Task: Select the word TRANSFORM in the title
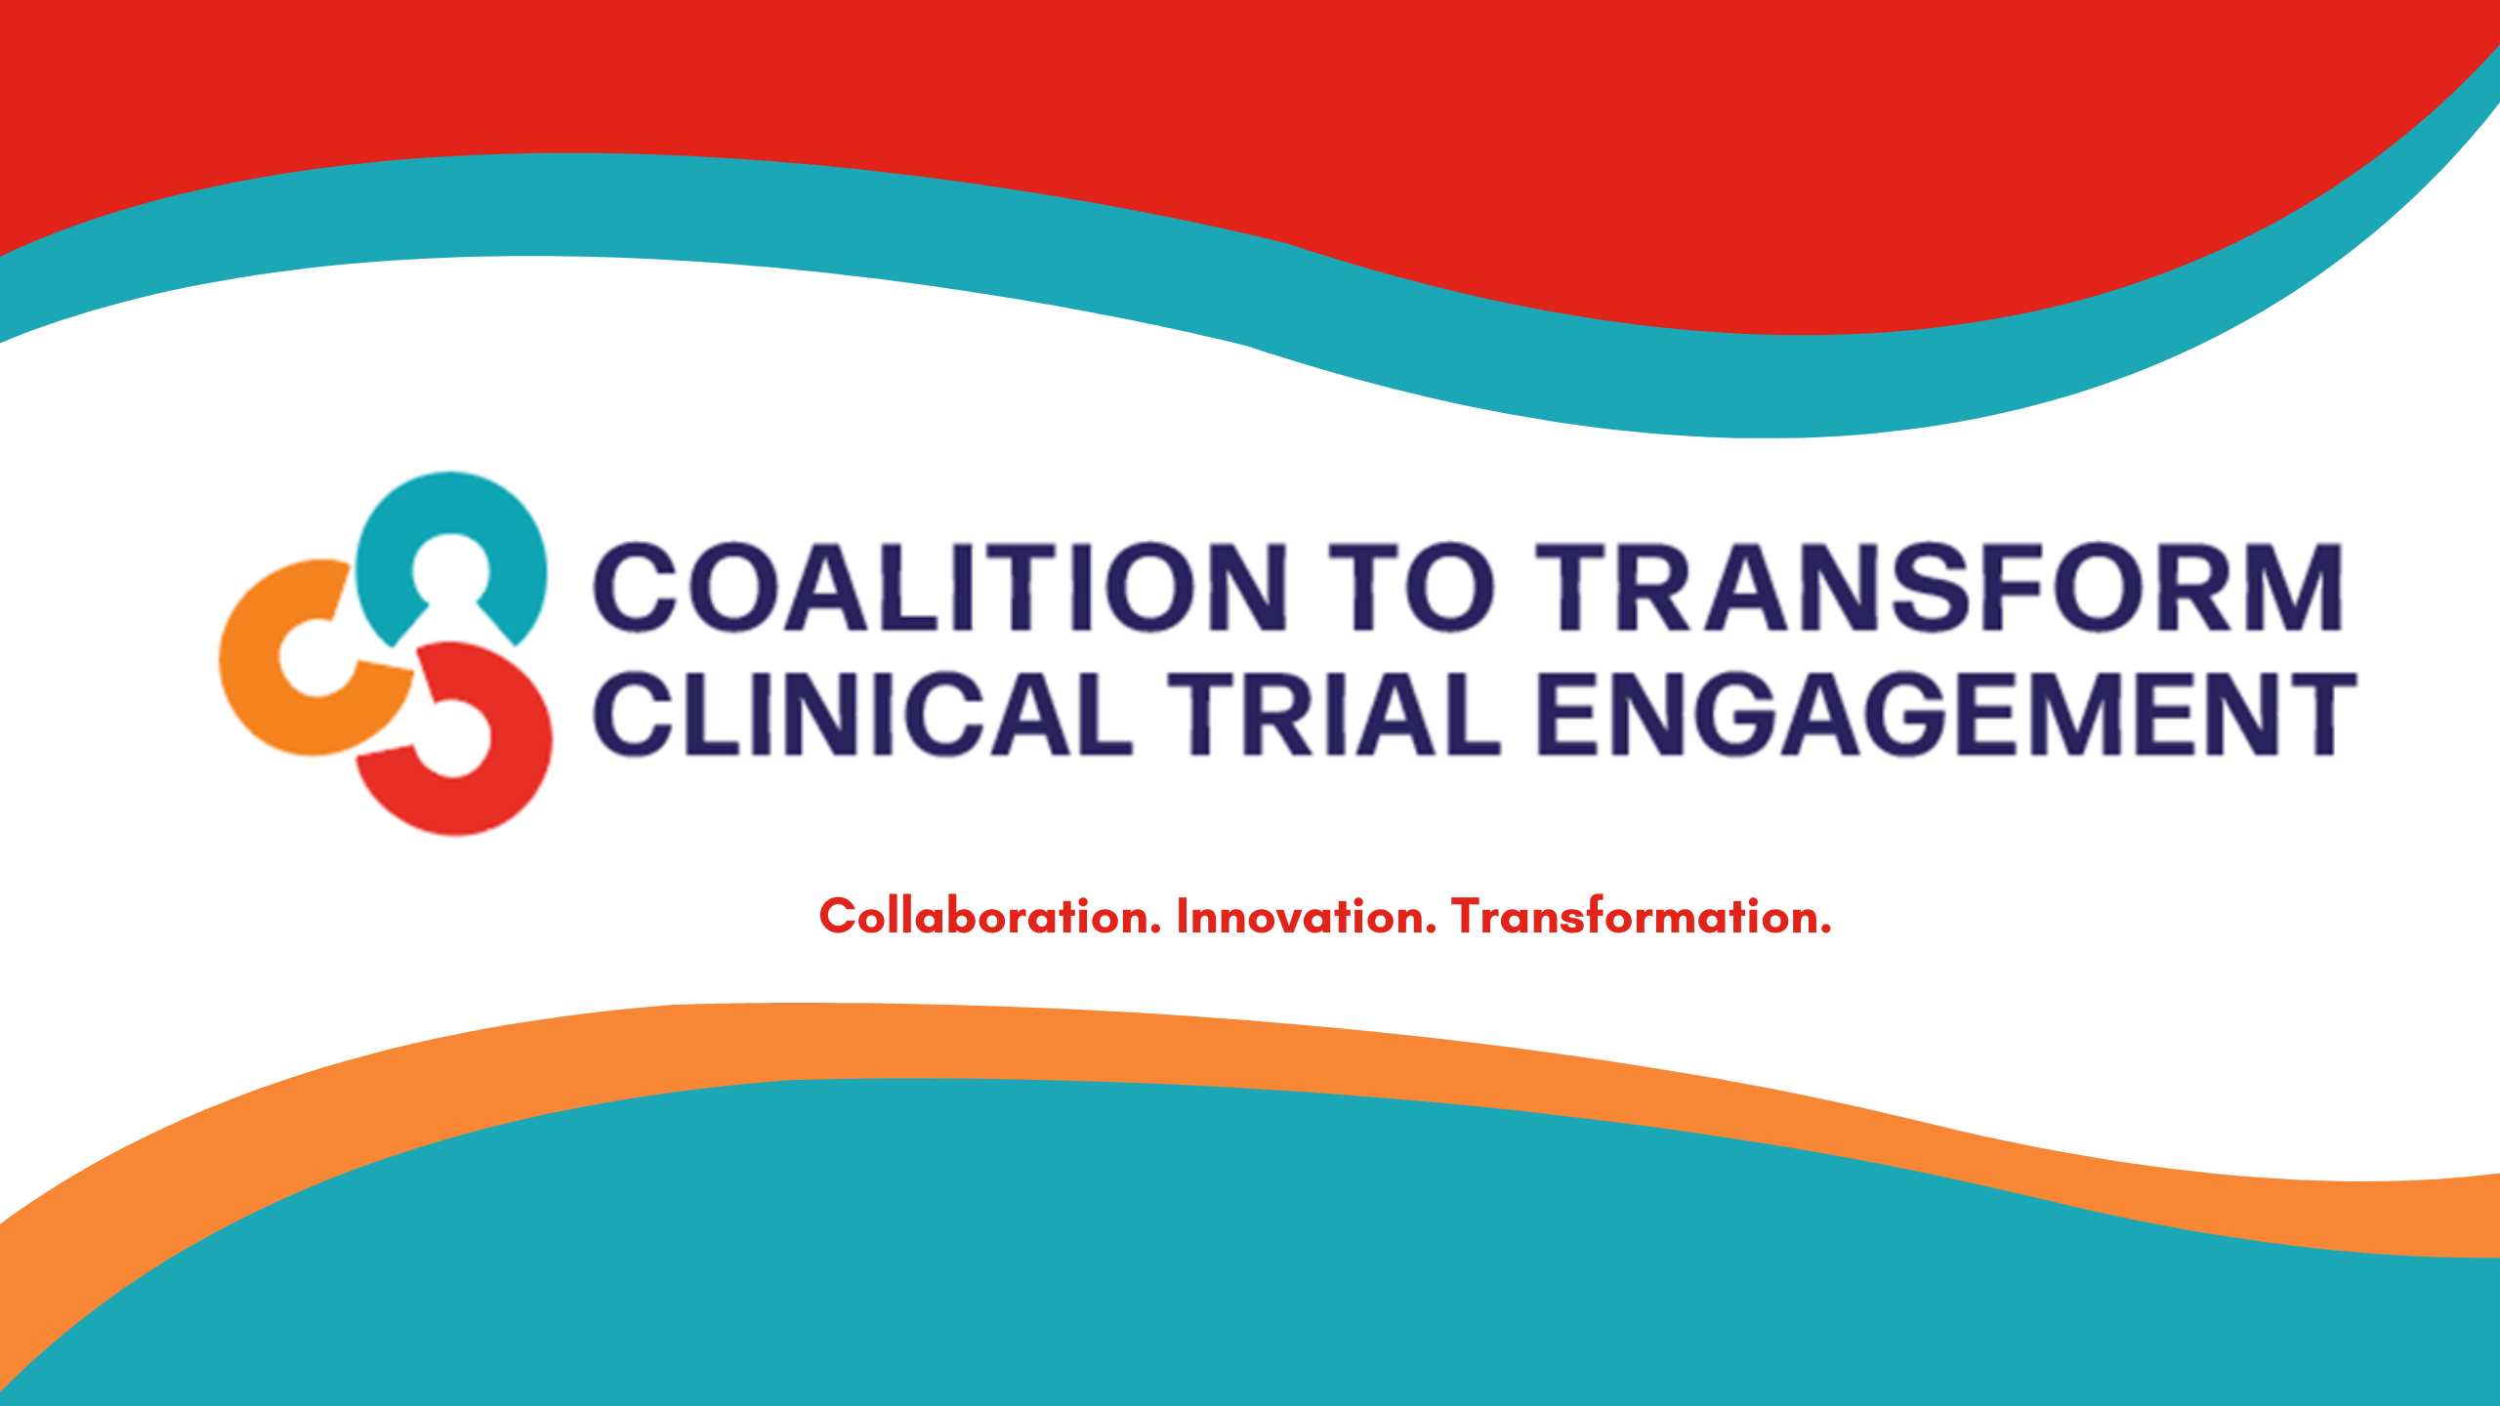pyautogui.click(x=1939, y=586)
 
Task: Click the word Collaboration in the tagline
pyautogui.click(x=989, y=916)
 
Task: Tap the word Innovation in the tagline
pyautogui.click(x=1307, y=916)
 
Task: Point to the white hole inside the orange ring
pyautogui.click(x=316, y=656)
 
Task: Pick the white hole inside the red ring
pyautogui.click(x=453, y=739)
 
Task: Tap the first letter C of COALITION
pyautogui.click(x=636, y=586)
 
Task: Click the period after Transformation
pyautogui.click(x=1825, y=931)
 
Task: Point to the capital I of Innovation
pyautogui.click(x=1183, y=916)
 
